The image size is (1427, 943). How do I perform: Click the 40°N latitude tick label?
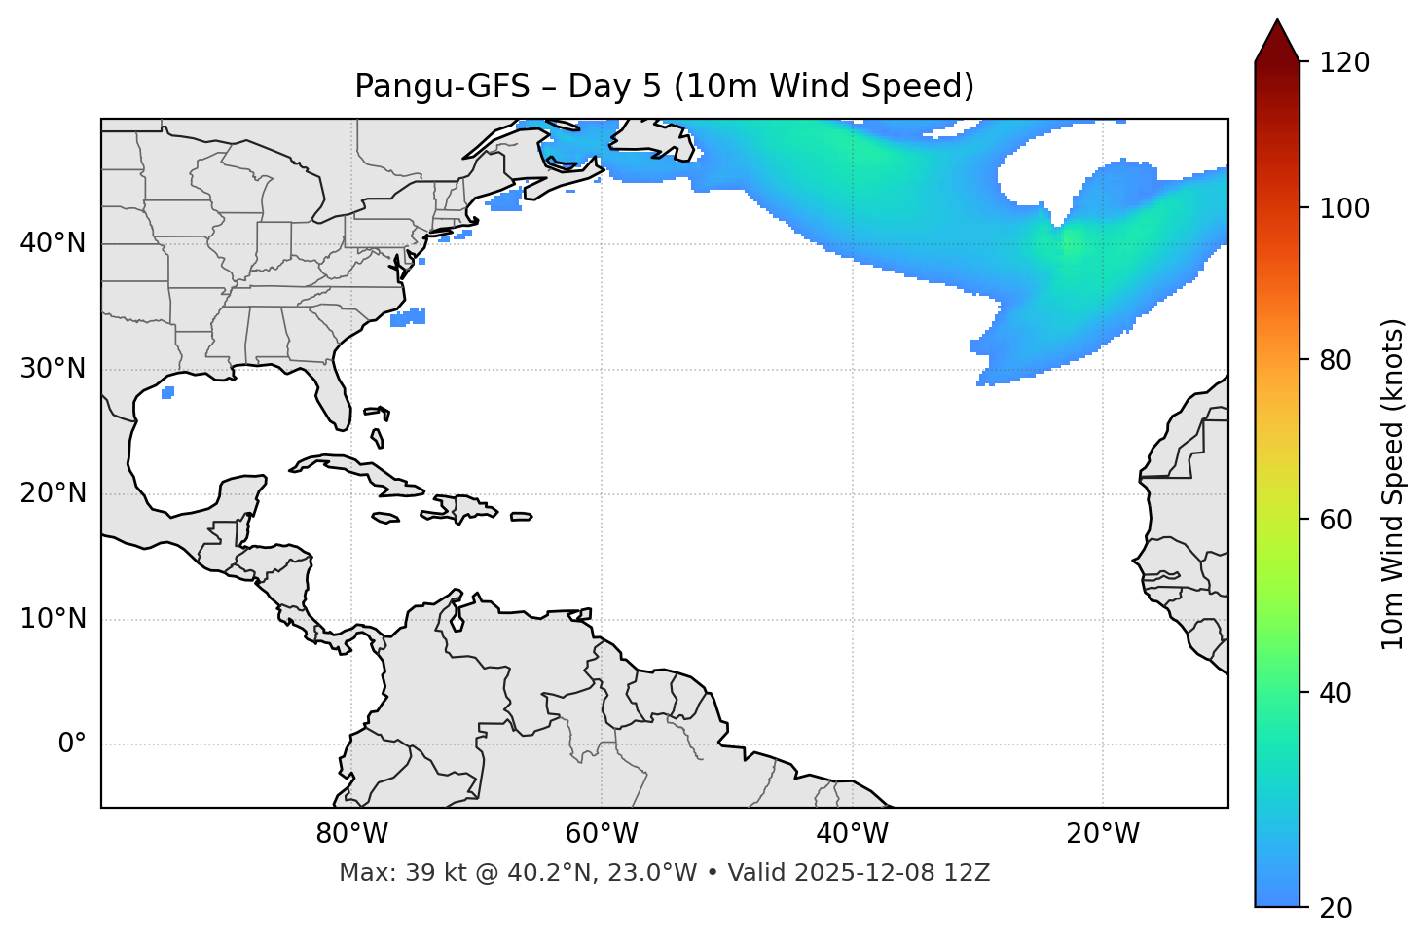tap(53, 243)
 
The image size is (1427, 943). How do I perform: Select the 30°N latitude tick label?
tap(53, 369)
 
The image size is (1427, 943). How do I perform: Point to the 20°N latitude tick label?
tap(53, 493)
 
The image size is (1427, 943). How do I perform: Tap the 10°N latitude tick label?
tap(53, 619)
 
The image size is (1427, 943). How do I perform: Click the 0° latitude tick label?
tap(72, 744)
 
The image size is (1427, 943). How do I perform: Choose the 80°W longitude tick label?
tap(351, 834)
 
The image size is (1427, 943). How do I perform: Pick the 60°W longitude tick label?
tap(602, 834)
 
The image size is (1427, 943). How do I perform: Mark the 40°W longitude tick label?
tap(852, 834)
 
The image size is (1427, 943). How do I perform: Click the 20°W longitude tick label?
tap(1103, 834)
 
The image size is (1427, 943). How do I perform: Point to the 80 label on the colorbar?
tap(1337, 360)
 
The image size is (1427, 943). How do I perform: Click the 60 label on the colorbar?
tap(1337, 520)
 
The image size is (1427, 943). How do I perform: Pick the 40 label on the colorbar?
tap(1337, 693)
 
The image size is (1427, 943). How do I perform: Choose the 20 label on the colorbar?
tap(1337, 908)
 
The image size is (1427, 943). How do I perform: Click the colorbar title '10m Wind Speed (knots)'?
tap(1393, 484)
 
